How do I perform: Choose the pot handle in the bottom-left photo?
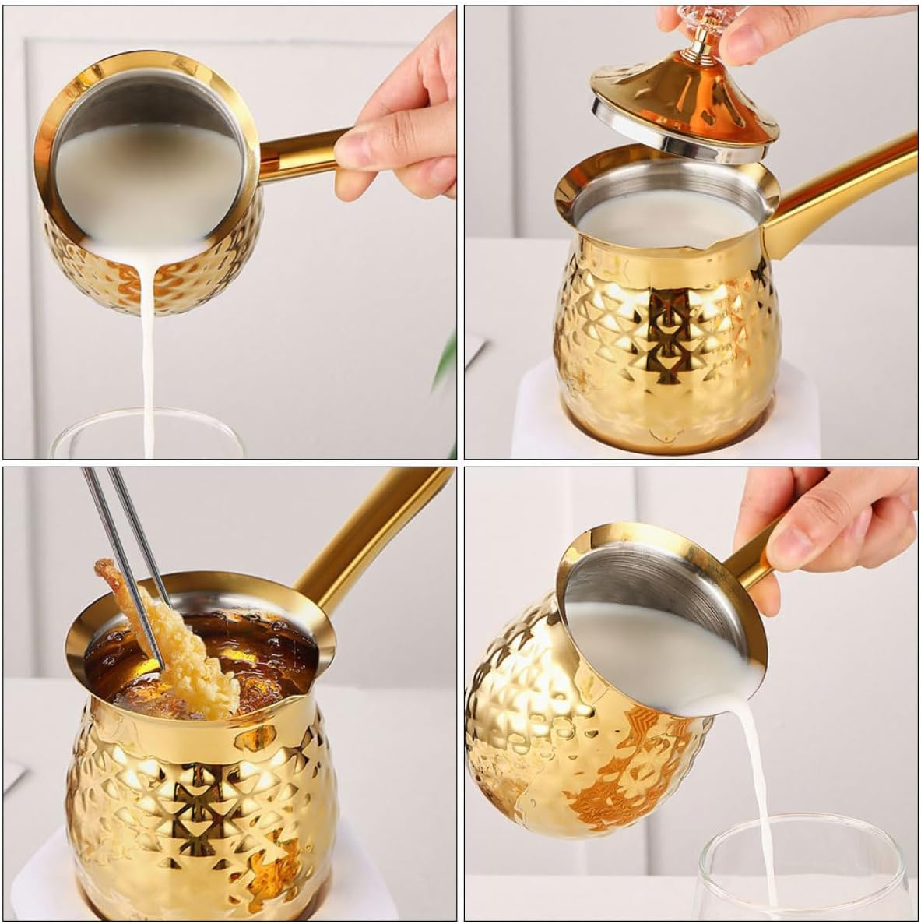(x=366, y=530)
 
